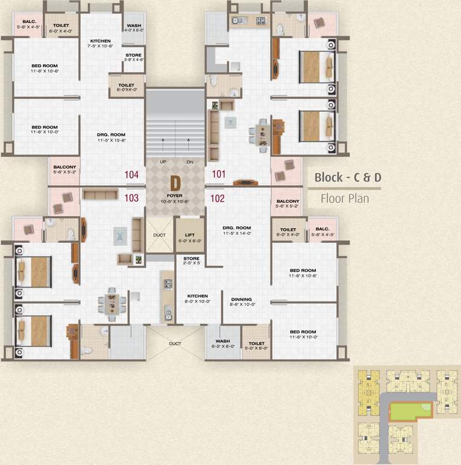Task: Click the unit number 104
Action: [131, 174]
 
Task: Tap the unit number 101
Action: [218, 174]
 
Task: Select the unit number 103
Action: [131, 197]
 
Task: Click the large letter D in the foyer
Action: [175, 183]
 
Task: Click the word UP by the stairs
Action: [163, 162]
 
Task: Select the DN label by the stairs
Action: [189, 162]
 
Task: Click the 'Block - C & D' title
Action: [347, 178]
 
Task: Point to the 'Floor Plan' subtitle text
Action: [344, 198]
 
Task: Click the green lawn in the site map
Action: [409, 412]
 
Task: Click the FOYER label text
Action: [175, 196]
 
